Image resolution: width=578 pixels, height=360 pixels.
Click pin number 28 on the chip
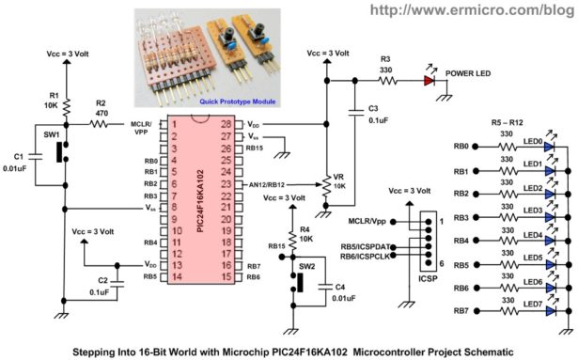pos(227,123)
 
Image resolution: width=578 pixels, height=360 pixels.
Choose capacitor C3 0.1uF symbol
pos(356,111)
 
